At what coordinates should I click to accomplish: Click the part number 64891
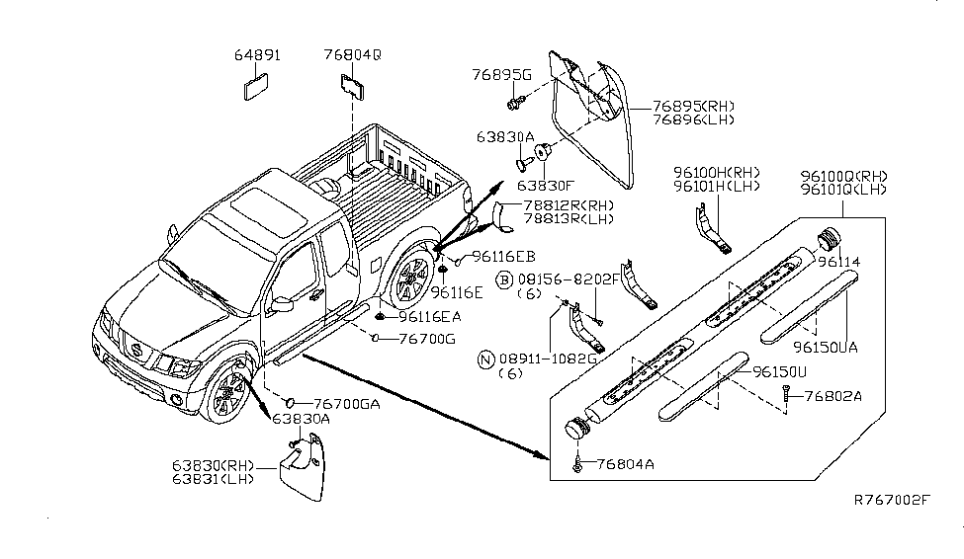click(257, 56)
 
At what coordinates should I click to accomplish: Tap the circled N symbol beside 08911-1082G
click(485, 359)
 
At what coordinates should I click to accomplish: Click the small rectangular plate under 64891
click(256, 87)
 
